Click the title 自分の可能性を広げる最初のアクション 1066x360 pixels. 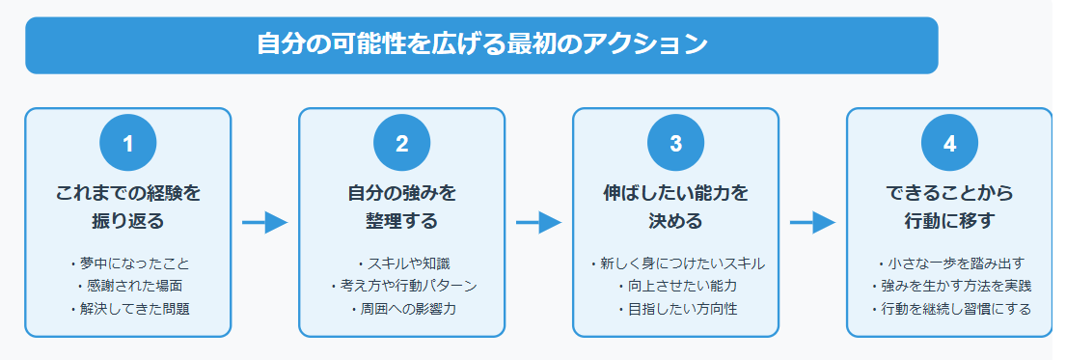(481, 45)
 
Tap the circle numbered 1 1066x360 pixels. (127, 144)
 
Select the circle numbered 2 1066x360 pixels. (401, 144)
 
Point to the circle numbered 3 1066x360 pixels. (675, 144)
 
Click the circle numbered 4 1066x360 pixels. (949, 144)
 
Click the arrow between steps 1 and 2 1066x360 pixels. (264, 223)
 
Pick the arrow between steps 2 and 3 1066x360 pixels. (538, 223)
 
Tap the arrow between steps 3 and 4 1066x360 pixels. (812, 223)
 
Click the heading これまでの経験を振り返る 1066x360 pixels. (127, 207)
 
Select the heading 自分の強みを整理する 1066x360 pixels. (401, 207)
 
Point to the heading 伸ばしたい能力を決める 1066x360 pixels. (675, 207)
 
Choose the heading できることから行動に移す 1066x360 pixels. (949, 207)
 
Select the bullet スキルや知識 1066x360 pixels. (405, 263)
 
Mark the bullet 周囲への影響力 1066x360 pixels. (405, 310)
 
